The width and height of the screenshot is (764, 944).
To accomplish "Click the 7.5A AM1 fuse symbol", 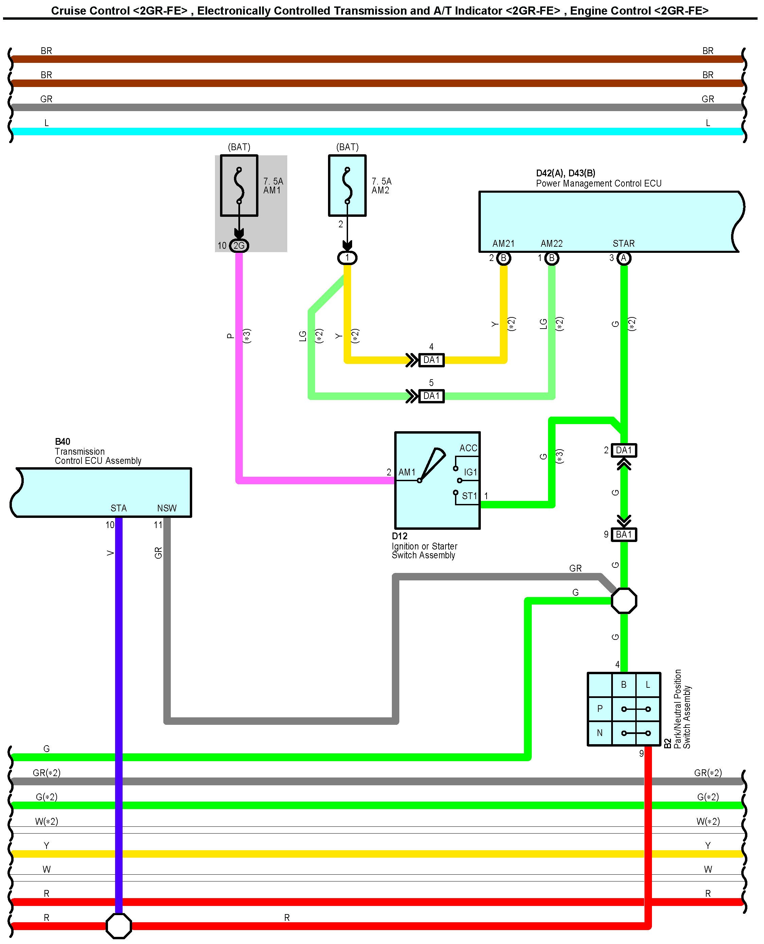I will (x=239, y=186).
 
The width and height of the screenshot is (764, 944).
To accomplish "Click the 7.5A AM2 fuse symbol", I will (x=347, y=186).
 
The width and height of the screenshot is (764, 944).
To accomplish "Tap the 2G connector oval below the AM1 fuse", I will (x=239, y=246).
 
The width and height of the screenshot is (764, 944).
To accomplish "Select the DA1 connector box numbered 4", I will (x=431, y=360).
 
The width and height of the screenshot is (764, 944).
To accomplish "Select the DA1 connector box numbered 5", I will (x=431, y=396).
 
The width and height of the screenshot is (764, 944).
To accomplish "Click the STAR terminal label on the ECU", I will (x=624, y=244).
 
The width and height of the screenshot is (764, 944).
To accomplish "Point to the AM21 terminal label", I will (x=504, y=244).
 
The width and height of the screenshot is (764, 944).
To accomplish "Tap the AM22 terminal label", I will (x=551, y=244).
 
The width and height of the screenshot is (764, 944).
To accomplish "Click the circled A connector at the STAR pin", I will (x=624, y=258).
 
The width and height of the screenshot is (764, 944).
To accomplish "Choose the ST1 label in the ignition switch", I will (x=469, y=496).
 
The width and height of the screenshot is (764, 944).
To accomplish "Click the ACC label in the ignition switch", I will (x=468, y=448).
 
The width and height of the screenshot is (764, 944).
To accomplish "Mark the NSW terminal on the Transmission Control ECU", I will (x=167, y=508).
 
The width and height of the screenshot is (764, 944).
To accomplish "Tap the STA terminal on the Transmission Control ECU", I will (x=119, y=508).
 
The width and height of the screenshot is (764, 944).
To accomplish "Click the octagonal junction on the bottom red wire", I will (x=119, y=926).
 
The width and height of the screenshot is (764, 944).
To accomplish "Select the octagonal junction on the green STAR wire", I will (x=624, y=601).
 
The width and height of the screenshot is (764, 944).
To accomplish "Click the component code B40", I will (x=62, y=441).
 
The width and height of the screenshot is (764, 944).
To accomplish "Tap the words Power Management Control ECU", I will (x=599, y=183).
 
